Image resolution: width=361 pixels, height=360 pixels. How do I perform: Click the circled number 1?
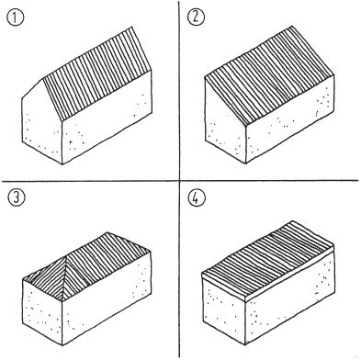click(15, 18)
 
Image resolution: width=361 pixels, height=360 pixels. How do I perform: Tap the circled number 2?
click(196, 17)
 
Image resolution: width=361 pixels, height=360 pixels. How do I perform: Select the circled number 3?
click(16, 197)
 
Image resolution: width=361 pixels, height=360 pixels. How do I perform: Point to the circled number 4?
click(197, 197)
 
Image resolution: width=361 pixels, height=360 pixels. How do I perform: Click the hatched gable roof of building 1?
click(97, 75)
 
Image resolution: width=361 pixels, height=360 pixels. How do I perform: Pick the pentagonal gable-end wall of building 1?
click(42, 122)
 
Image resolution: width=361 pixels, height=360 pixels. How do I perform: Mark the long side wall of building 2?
click(290, 119)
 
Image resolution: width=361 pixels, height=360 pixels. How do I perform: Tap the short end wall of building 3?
click(42, 312)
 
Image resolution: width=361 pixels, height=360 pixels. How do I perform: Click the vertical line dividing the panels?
click(179, 179)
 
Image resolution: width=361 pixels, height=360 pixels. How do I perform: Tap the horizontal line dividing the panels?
click(180, 181)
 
